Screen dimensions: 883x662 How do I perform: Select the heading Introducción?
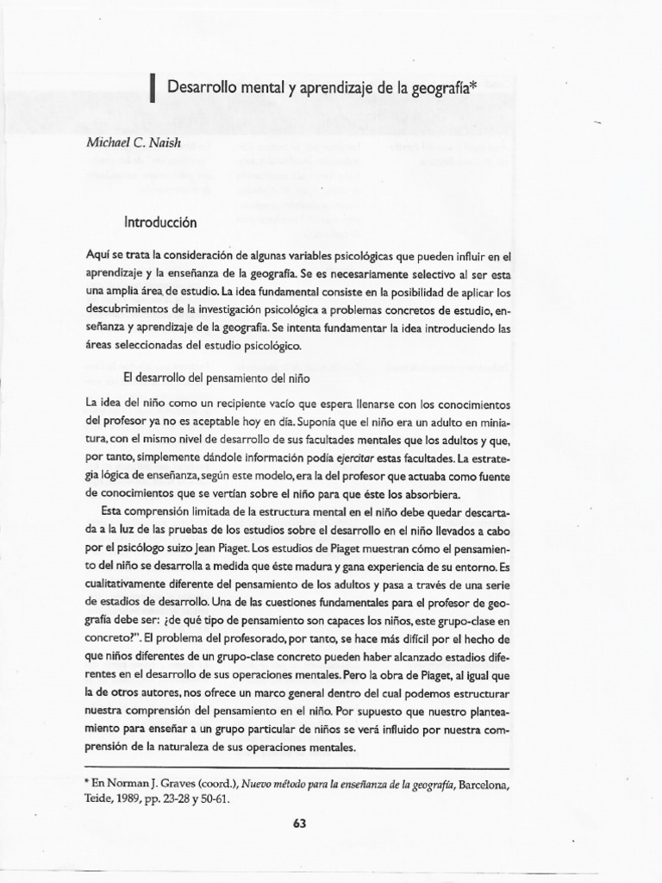click(160, 222)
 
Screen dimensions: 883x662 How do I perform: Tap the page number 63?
click(300, 823)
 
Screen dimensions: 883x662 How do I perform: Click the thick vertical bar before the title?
click(153, 88)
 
